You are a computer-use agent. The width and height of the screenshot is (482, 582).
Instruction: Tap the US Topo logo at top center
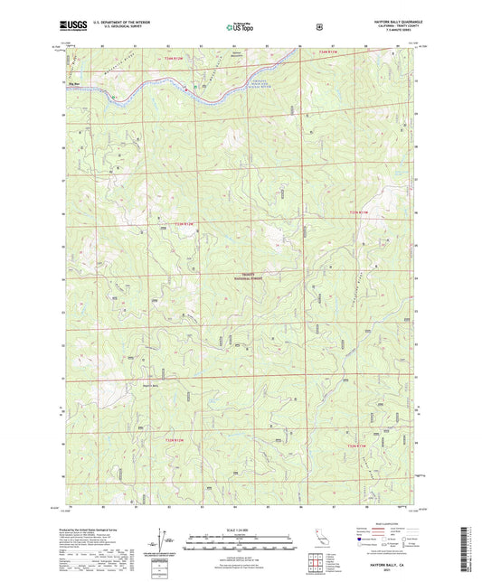click(x=240, y=28)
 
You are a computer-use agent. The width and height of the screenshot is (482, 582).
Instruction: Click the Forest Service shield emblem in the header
click(x=319, y=27)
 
